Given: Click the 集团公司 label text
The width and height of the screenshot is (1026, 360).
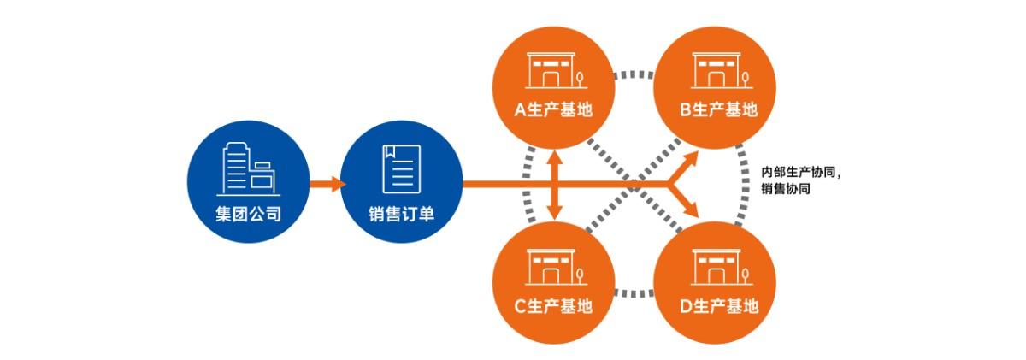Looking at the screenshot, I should [x=249, y=213].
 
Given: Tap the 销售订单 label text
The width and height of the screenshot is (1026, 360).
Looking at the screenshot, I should [x=401, y=213].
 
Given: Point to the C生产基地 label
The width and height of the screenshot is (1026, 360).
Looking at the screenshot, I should [x=553, y=306].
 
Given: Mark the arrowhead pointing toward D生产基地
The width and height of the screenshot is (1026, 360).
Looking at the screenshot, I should [x=693, y=210].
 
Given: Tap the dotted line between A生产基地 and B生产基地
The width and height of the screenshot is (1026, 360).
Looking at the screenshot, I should [x=635, y=75].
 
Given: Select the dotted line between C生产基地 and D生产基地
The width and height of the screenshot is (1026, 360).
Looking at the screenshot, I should [x=635, y=293].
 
